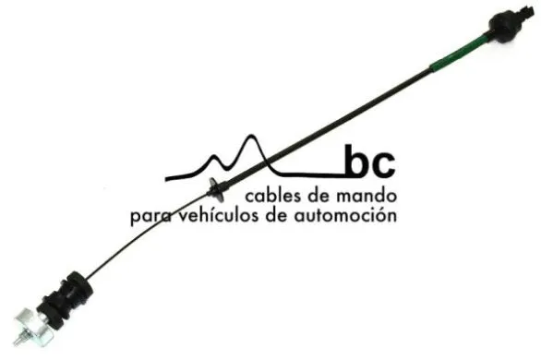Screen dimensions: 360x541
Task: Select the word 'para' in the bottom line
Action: [149, 218]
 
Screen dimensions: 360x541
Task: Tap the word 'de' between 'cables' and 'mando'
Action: [314, 196]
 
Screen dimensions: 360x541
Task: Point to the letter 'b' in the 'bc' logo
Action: [355, 162]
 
